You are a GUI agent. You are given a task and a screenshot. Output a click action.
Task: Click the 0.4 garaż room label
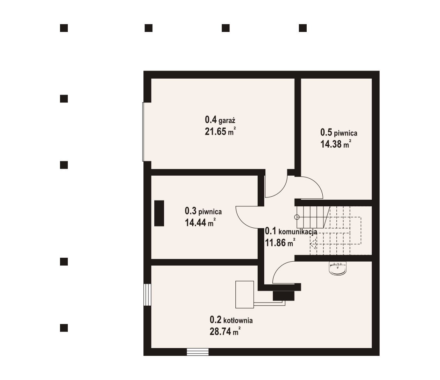click(x=220, y=120)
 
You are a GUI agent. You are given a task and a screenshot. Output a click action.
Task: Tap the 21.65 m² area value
click(x=220, y=132)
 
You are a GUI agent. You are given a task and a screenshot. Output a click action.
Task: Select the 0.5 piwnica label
click(x=339, y=132)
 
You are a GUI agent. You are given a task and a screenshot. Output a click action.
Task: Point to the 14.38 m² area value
click(x=336, y=144)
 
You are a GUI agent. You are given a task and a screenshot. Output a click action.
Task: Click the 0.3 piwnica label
click(x=203, y=211)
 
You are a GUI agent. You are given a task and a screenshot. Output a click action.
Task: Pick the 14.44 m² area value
click(x=200, y=223)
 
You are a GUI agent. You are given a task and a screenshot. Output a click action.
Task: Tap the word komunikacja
click(x=298, y=232)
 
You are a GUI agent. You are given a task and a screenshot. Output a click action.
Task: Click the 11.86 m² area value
click(x=280, y=243)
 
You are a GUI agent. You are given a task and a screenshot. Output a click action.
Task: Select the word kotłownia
click(x=238, y=320)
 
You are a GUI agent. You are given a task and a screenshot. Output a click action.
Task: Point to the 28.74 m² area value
click(x=225, y=331)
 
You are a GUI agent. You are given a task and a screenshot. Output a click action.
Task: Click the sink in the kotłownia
click(x=337, y=268)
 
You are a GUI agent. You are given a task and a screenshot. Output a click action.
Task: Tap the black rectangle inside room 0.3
click(x=159, y=213)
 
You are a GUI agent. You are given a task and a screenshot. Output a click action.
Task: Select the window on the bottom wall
click(x=198, y=352)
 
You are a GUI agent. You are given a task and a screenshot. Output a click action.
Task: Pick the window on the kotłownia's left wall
click(x=147, y=295)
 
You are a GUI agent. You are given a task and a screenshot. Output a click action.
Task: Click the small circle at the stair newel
click(x=297, y=217)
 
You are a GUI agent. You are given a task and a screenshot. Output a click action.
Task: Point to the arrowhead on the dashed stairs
click(x=313, y=244)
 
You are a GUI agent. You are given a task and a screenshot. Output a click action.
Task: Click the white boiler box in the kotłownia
click(x=245, y=294)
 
